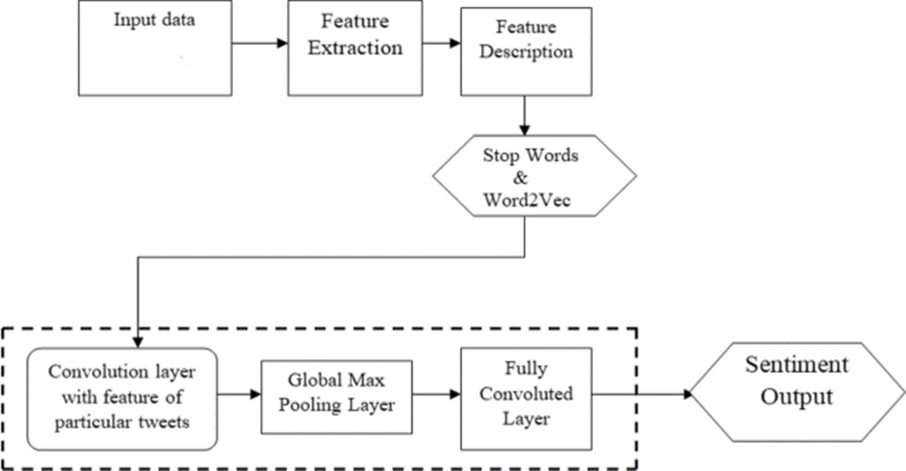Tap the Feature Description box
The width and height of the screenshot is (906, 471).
tap(525, 52)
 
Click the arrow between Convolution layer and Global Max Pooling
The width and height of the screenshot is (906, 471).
tap(240, 395)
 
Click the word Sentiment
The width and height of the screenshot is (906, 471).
tap(795, 366)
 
